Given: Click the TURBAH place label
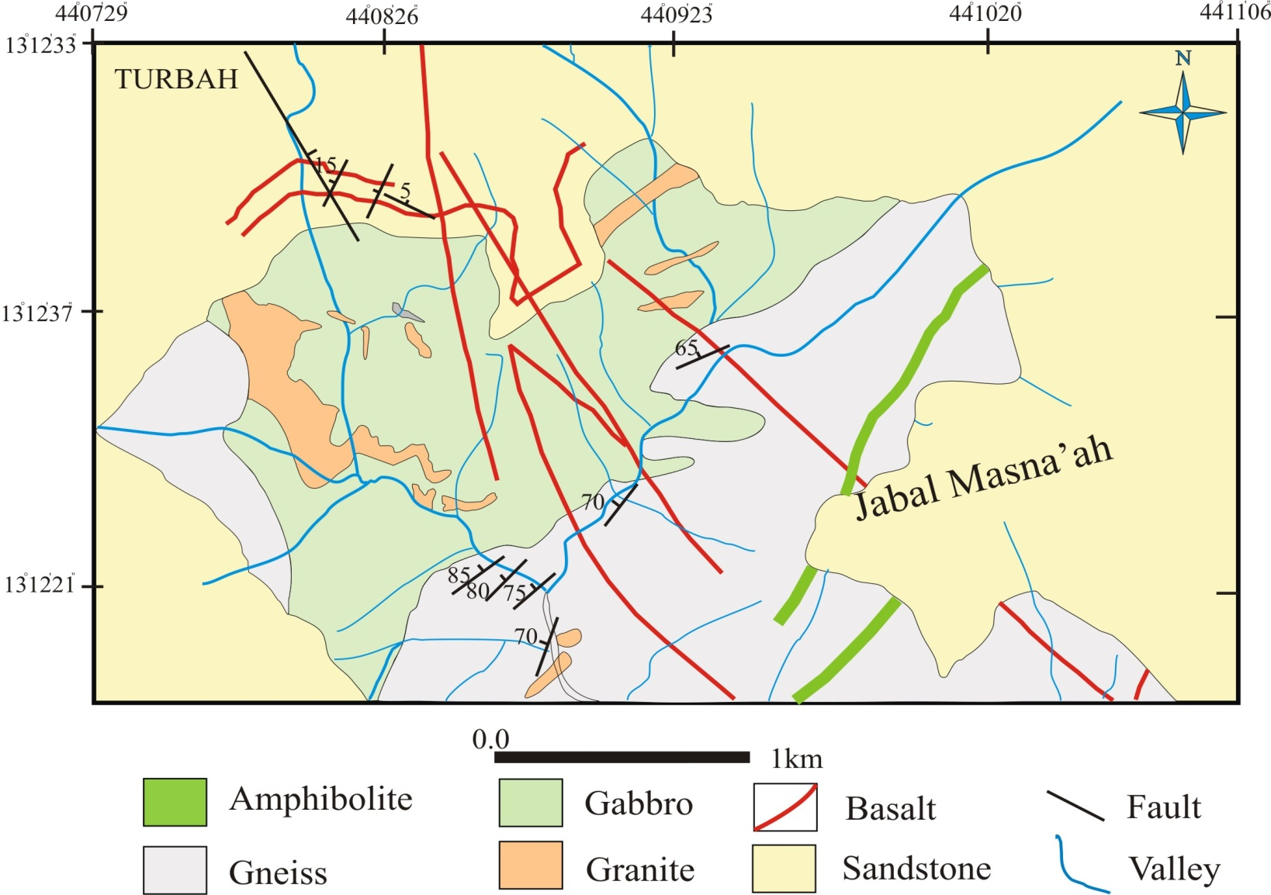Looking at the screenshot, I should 176,79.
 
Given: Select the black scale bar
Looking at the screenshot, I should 622,757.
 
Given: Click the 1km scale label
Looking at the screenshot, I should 796,759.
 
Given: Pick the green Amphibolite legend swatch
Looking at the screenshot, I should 175,802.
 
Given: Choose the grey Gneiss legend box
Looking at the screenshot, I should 175,870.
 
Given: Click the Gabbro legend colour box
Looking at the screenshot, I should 530,803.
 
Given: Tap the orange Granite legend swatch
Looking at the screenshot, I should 530,866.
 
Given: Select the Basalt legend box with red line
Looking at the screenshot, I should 784,807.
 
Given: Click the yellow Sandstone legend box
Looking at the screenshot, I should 784,869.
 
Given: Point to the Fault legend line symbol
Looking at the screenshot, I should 1075,806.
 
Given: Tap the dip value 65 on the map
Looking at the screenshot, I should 687,347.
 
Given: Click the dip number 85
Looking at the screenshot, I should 459,575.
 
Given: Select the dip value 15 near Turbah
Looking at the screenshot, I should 326,164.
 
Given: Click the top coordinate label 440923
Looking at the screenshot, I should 676,14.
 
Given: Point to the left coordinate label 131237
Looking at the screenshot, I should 38,313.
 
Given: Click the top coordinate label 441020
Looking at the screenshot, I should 985,13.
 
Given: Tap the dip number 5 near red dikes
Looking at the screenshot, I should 405,190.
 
